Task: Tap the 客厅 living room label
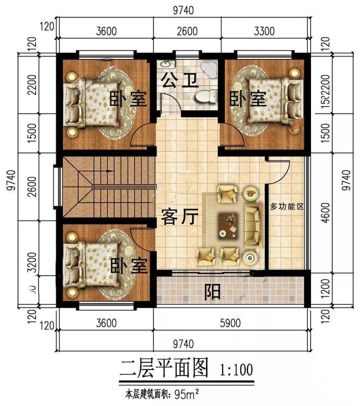[x=180, y=217]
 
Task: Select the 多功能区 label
[x=287, y=207]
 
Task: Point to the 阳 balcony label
[x=212, y=292]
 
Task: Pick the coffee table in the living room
[x=230, y=224]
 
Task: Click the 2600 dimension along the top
[x=187, y=31]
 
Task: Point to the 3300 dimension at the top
[x=264, y=31]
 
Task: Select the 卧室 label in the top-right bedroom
[x=247, y=99]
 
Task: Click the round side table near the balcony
[x=251, y=258]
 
